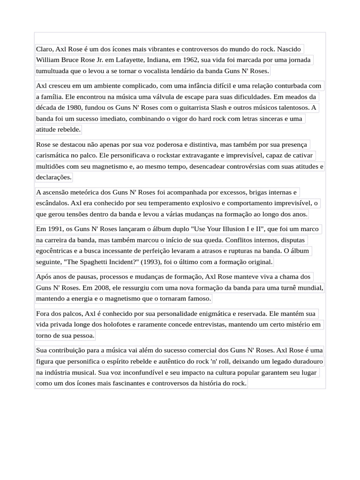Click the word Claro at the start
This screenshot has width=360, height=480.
coord(45,49)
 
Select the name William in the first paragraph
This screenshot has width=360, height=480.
coord(49,60)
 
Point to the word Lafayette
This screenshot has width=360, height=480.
coord(136,60)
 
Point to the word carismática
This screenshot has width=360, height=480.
coord(54,155)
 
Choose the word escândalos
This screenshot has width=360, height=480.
coord(52,203)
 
